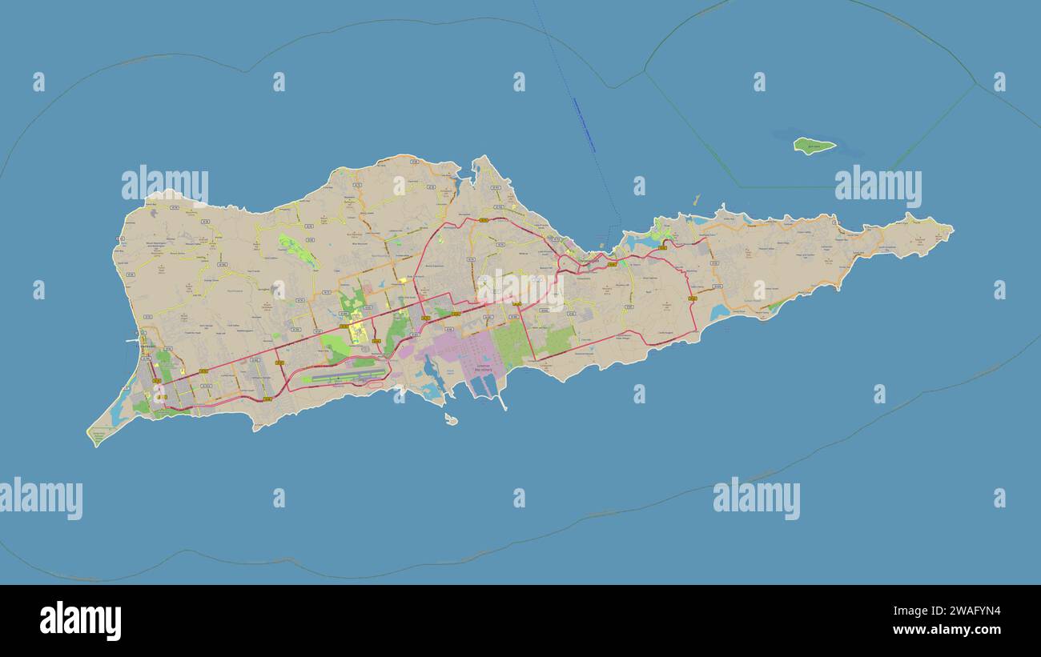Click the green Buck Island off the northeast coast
(x=814, y=146)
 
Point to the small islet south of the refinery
(x=451, y=419)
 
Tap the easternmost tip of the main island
(x=951, y=230)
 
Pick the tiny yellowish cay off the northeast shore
(x=695, y=199)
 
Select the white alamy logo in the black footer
(x=80, y=621)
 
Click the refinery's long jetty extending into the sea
(x=502, y=400)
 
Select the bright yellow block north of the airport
(x=356, y=332)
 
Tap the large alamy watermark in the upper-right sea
(x=878, y=186)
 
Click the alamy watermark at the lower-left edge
(x=42, y=498)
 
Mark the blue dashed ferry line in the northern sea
(x=585, y=124)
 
